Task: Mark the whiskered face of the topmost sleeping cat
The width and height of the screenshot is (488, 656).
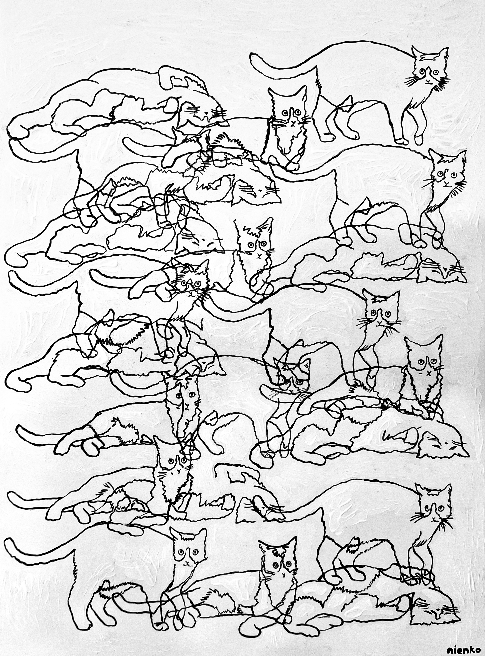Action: (x=204, y=112)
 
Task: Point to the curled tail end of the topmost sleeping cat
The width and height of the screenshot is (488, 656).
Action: (x=18, y=134)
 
